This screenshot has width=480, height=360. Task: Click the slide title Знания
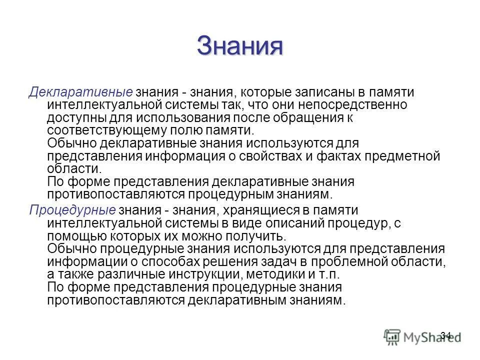(240, 46)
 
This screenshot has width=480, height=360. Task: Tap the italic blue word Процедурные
(72, 209)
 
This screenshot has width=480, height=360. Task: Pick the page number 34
(446, 335)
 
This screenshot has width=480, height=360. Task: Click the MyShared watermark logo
(420, 336)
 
